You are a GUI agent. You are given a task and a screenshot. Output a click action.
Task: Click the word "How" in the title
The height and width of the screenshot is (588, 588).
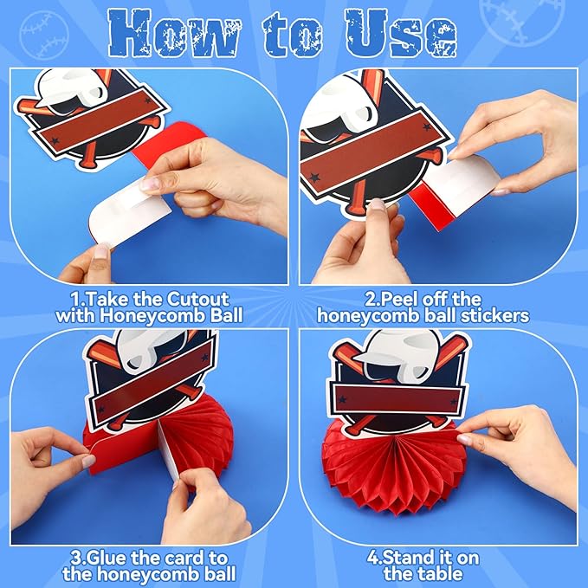[x=173, y=34]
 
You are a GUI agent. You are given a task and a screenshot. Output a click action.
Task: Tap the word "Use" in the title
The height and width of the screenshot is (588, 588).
[x=401, y=34]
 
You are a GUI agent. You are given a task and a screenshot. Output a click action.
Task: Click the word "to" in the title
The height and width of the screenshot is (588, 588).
[x=293, y=36]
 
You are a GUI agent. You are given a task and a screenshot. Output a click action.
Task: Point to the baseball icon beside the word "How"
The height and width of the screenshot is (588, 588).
[x=44, y=35]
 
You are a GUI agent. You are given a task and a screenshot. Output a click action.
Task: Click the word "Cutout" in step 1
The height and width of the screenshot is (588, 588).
[x=197, y=299]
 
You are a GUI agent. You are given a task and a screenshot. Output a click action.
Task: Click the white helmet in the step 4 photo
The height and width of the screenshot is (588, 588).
[x=398, y=356]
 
